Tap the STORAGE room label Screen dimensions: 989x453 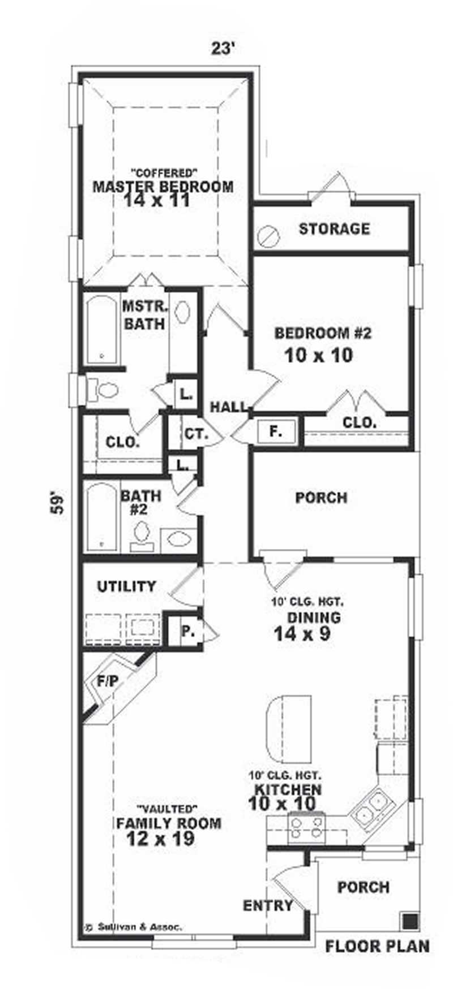[334, 229]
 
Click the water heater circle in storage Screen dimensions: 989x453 [268, 236]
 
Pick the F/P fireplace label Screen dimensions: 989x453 [108, 681]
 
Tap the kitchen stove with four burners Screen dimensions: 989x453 [306, 827]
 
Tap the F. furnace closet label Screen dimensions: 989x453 [276, 432]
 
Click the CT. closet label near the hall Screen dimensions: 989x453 [196, 434]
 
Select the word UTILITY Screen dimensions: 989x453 [126, 586]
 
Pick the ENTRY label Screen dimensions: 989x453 [268, 906]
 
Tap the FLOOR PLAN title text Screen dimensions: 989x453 [377, 946]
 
